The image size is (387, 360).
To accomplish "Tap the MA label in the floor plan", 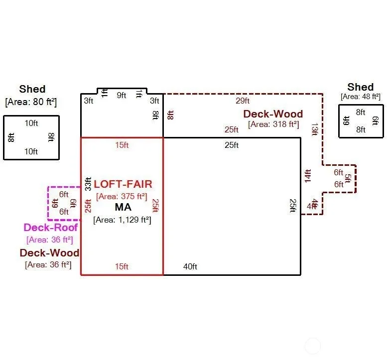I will [123, 207].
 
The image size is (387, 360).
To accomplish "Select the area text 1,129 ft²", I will [122, 220].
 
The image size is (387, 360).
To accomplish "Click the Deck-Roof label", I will [51, 228].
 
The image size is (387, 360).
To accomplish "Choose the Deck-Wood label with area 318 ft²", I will [273, 114].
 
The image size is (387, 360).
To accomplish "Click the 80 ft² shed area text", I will [31, 102].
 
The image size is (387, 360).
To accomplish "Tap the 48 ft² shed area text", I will [361, 97].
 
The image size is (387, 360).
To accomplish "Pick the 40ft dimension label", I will [190, 267].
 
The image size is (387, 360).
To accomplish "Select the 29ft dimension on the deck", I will [243, 101].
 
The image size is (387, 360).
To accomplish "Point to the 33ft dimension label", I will [88, 184].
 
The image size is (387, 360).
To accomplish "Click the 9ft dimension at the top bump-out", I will [122, 96].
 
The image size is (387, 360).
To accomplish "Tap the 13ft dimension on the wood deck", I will [314, 129].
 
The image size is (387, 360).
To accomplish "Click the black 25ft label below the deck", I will [232, 145].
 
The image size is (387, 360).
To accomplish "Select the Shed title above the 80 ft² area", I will [32, 89].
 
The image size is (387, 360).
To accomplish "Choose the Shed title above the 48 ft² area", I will [361, 87].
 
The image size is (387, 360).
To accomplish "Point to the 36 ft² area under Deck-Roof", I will [50, 240].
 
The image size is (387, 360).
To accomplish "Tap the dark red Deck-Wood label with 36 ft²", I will [49, 253].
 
